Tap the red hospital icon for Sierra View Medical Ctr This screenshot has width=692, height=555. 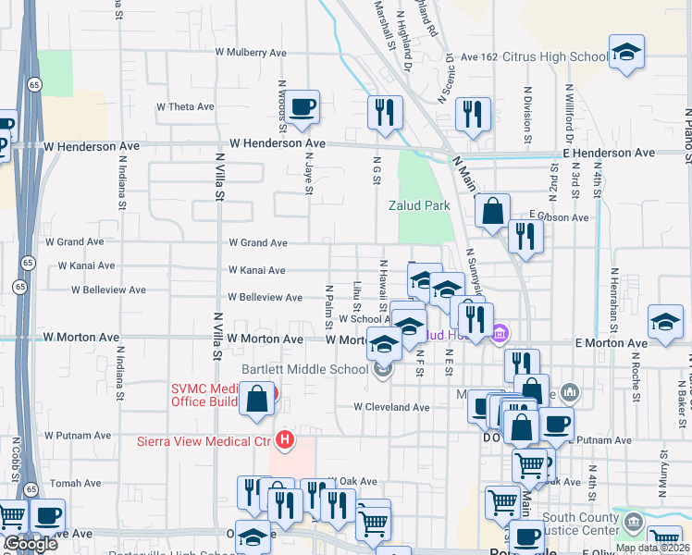pyautogui.click(x=286, y=439)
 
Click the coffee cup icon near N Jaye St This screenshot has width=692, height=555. pyautogui.click(x=302, y=107)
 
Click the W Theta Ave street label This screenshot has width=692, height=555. pyautogui.click(x=185, y=106)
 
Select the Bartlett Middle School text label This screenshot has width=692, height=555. pyautogui.click(x=304, y=369)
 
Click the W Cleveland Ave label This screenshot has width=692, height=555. pyautogui.click(x=391, y=407)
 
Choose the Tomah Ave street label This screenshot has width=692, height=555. pyautogui.click(x=75, y=483)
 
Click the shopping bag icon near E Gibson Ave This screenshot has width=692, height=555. pyautogui.click(x=493, y=210)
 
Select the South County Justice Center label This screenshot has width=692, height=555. pyautogui.click(x=580, y=524)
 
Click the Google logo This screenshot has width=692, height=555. pyautogui.click(x=31, y=544)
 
